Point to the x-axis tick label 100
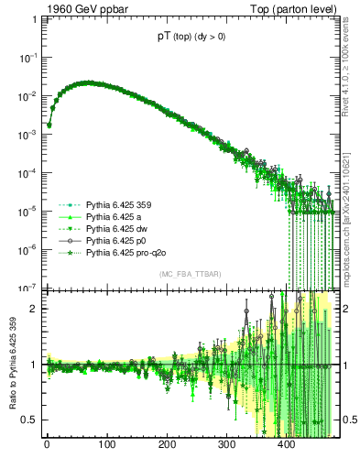(x=106, y=446)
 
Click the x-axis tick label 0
(x=47, y=446)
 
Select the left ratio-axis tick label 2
(x=33, y=308)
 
